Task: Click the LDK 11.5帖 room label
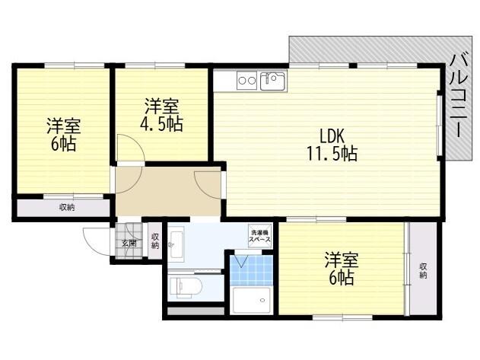coord(332,145)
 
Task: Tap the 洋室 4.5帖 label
coord(161,115)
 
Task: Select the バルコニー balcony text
coord(459,95)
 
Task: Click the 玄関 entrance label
coord(129,244)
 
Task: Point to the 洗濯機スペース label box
coord(259,236)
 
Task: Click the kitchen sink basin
coord(272,81)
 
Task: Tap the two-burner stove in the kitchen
coord(246,81)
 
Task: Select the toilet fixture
coord(186,288)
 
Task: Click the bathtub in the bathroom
coord(251,301)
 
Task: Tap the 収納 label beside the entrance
coord(155,241)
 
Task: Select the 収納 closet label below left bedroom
coord(67,208)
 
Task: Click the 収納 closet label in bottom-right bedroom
coord(423,271)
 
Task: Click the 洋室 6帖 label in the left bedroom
coord(63,135)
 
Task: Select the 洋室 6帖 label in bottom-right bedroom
coord(341,269)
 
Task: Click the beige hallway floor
coord(168,191)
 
